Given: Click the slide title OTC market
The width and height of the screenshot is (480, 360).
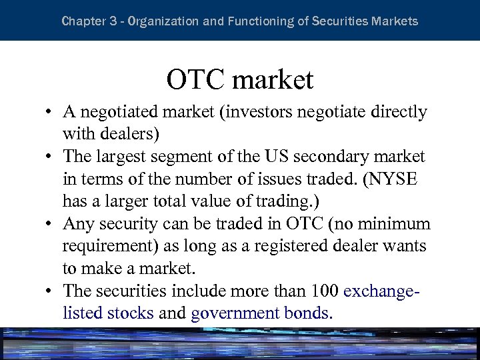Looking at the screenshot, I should pyautogui.click(x=239, y=80).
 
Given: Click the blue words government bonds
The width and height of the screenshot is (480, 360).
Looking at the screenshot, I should pyautogui.click(x=261, y=313).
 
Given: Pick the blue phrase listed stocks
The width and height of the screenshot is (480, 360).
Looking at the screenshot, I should pyautogui.click(x=108, y=313).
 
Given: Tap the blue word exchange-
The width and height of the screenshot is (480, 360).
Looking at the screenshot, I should pyautogui.click(x=387, y=291).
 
